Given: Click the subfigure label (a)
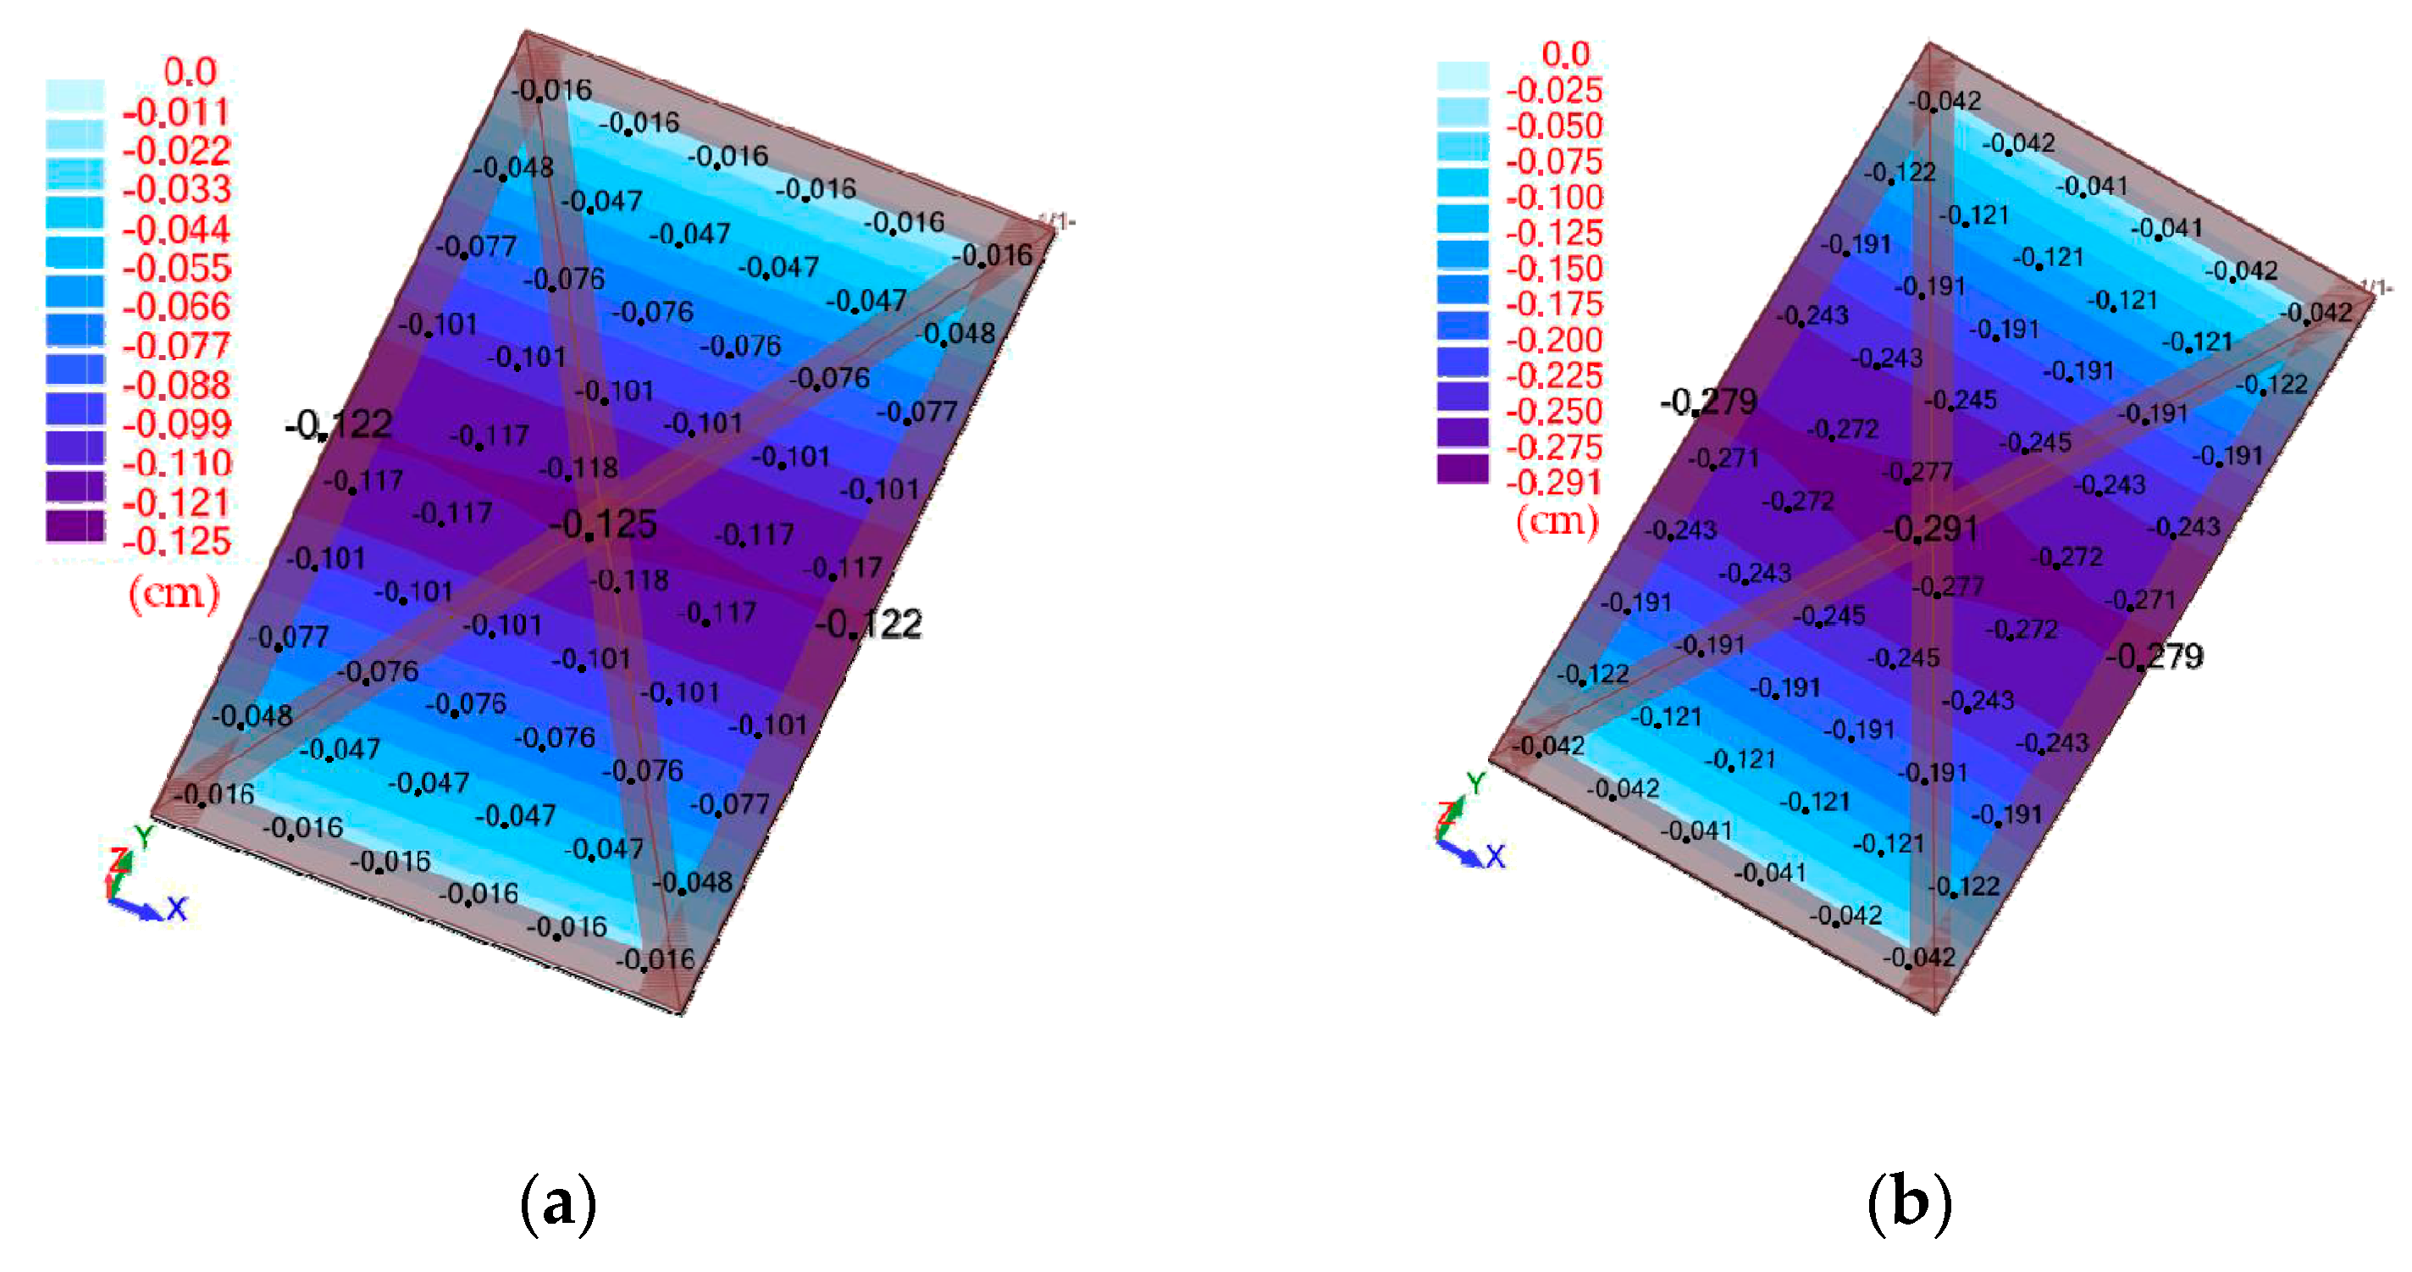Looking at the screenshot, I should [x=558, y=1203].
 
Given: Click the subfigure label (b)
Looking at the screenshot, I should [x=1909, y=1203].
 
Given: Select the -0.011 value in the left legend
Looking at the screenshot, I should [x=176, y=113].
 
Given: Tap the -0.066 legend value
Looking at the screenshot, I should [x=176, y=306].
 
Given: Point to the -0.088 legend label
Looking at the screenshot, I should [x=176, y=385].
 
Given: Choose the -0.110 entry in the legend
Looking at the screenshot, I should [x=176, y=463].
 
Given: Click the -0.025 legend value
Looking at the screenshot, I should [x=1554, y=90].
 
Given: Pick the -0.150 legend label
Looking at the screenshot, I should [x=1554, y=269].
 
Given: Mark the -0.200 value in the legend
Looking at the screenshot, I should [x=1554, y=340].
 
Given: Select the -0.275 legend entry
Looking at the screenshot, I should [x=1554, y=447].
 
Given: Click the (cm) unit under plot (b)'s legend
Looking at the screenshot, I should [x=1557, y=519].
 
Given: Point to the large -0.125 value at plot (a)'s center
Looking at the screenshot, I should [x=603, y=525].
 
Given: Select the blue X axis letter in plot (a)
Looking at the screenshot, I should [x=177, y=908].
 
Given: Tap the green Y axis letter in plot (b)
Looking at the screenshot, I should [x=1475, y=784].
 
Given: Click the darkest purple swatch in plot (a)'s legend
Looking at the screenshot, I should [x=75, y=525].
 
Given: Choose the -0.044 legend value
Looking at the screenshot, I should [x=176, y=230].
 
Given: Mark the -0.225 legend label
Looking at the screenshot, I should [x=1554, y=375].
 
